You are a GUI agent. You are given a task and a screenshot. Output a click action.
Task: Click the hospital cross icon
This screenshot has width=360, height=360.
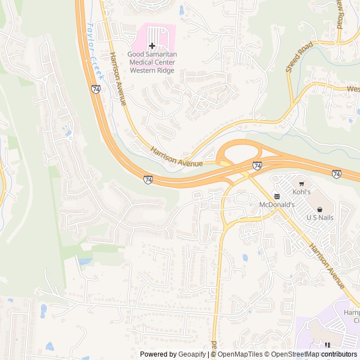click(152, 46)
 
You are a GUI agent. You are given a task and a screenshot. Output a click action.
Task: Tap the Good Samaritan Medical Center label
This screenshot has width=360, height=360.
click(152, 62)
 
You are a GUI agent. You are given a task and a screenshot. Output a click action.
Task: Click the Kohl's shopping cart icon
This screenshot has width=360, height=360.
click(301, 184)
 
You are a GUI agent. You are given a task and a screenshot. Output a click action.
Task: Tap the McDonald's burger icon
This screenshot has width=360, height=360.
click(276, 196)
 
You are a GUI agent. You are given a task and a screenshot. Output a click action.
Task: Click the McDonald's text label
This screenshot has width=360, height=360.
click(276, 205)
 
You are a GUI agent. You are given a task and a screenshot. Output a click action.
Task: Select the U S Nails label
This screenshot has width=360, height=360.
click(319, 217)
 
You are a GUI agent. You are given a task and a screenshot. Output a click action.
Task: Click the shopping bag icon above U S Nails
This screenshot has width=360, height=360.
click(319, 208)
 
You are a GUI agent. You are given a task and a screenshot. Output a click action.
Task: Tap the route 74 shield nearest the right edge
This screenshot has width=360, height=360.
click(336, 174)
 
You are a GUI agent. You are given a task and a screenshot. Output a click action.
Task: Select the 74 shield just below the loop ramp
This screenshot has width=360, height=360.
click(257, 165)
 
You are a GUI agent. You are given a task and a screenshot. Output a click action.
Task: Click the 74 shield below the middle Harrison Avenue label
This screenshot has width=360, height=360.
click(148, 179)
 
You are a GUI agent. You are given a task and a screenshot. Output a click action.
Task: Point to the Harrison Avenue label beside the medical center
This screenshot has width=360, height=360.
click(118, 79)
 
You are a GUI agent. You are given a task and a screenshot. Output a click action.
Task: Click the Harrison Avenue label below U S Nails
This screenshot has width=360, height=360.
click(326, 267)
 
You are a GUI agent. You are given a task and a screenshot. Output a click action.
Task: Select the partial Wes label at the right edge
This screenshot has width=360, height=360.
click(353, 89)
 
